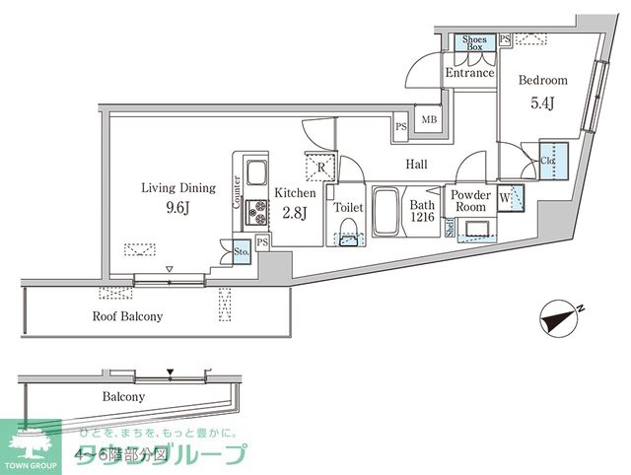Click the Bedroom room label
[x=542, y=80]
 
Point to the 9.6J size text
[x=177, y=208]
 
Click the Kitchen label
[x=295, y=193]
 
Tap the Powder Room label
[x=470, y=201]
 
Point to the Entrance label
[x=469, y=73]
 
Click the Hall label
[x=418, y=166]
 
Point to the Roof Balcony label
[x=128, y=316]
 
